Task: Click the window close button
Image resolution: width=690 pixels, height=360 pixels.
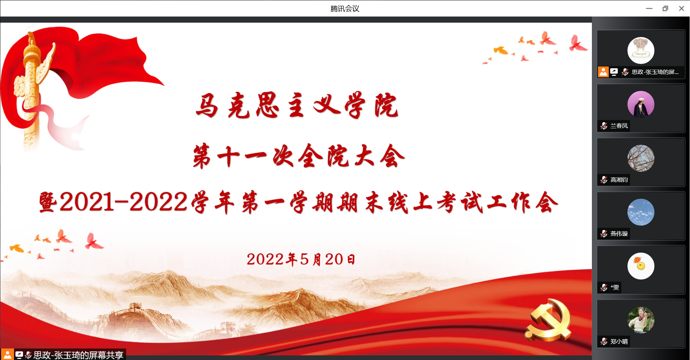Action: click(x=681, y=8)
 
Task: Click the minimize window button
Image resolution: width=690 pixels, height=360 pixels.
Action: click(x=649, y=8)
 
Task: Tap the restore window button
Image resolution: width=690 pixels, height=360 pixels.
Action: click(x=665, y=8)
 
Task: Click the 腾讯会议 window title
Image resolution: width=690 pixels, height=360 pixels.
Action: click(x=345, y=8)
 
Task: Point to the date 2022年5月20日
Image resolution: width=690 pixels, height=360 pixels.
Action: click(x=301, y=259)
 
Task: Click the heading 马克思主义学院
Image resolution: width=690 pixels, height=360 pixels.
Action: click(x=297, y=105)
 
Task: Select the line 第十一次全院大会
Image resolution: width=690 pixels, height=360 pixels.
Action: click(x=299, y=156)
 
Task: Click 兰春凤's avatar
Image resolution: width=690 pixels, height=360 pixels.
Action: click(x=641, y=104)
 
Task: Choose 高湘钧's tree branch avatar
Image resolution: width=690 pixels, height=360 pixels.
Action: click(x=641, y=158)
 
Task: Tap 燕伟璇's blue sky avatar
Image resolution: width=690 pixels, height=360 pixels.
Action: click(x=641, y=212)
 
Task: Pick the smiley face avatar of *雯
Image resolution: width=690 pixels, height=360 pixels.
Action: click(x=641, y=266)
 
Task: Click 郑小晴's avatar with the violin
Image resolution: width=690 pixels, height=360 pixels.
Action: click(x=641, y=320)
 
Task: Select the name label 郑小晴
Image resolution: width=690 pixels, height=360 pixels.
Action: click(x=619, y=341)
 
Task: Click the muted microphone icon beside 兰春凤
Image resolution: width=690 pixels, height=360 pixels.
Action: click(x=604, y=126)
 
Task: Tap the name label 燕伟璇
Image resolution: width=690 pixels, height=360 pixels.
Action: click(x=619, y=234)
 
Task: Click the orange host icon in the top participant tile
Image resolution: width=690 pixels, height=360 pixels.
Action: click(x=603, y=72)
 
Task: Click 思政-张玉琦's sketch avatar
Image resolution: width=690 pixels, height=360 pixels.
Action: click(x=641, y=50)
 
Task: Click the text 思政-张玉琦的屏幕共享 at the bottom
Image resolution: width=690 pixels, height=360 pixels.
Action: click(x=78, y=355)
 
